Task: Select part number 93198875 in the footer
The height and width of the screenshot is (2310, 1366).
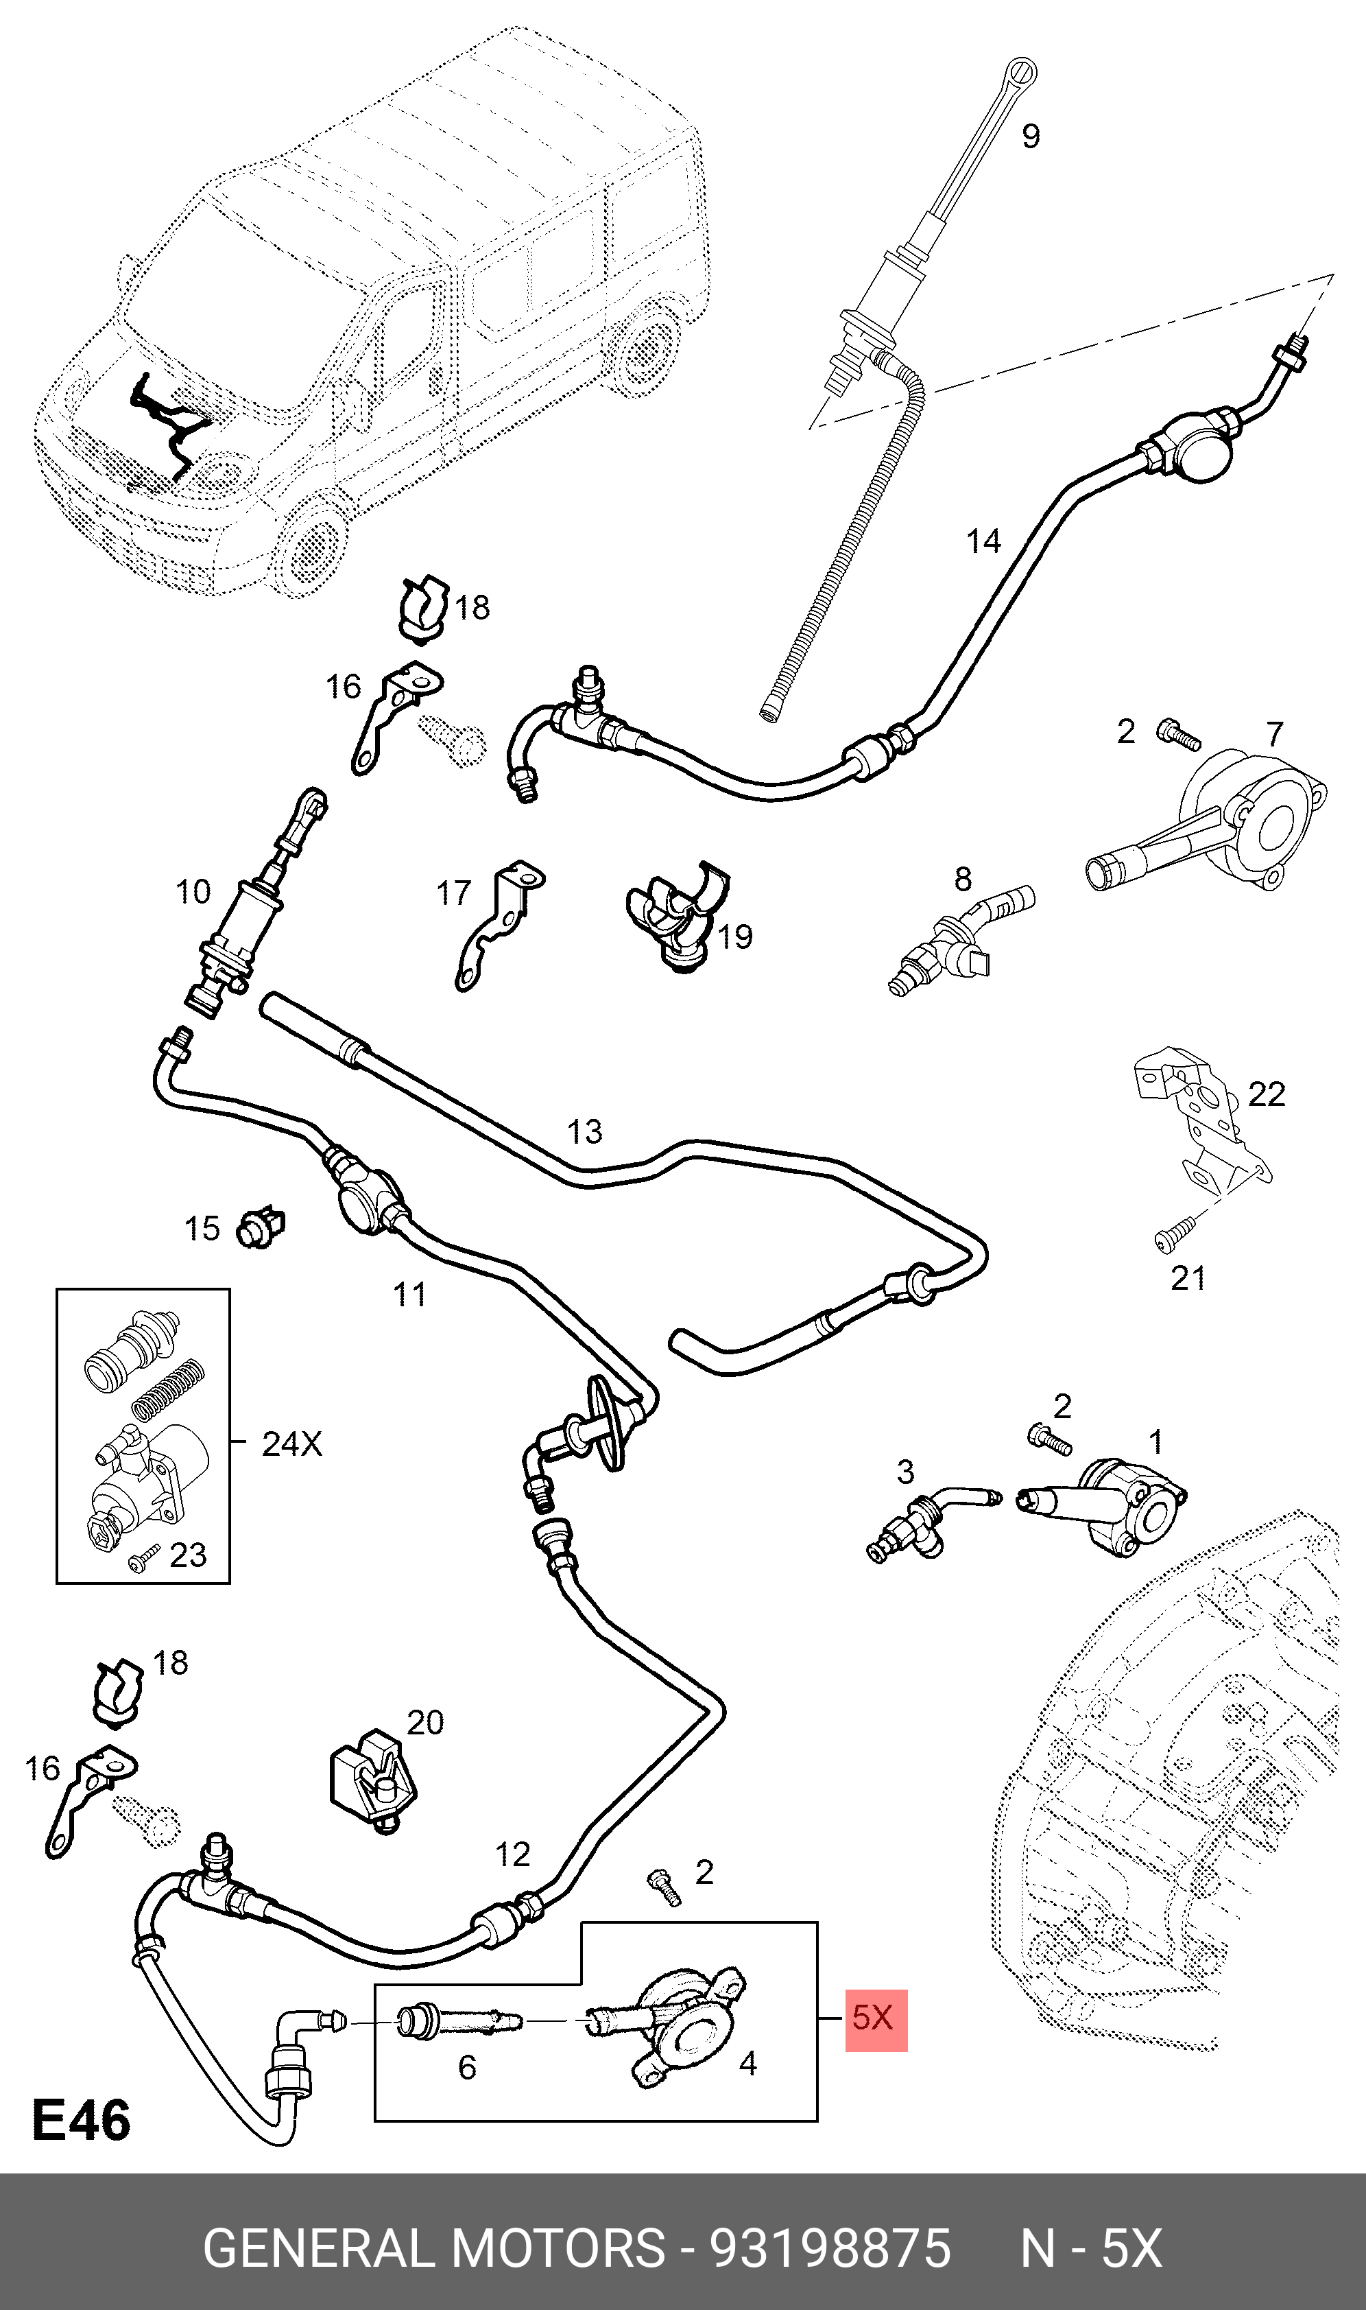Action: click(x=828, y=2248)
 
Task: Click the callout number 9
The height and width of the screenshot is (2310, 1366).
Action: click(x=1031, y=137)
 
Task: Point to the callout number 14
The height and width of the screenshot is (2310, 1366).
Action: click(x=983, y=541)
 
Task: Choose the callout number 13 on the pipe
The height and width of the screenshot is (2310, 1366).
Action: click(x=584, y=1131)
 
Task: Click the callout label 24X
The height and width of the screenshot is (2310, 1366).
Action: click(x=292, y=1443)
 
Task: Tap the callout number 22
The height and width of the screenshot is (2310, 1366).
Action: click(x=1266, y=1094)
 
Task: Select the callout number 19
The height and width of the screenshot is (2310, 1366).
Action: click(x=734, y=936)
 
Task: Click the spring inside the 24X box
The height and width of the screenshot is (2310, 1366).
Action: click(x=167, y=1389)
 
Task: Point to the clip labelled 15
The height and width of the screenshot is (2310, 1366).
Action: click(x=261, y=1227)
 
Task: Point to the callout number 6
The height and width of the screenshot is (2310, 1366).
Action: click(x=467, y=2067)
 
